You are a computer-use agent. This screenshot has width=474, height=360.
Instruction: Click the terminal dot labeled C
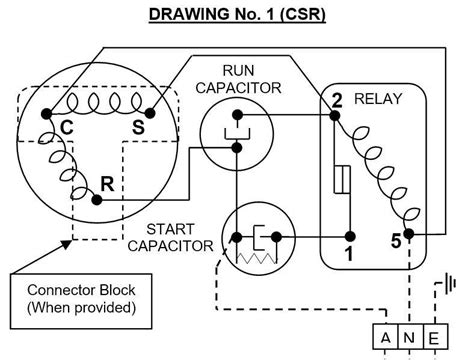click(47, 114)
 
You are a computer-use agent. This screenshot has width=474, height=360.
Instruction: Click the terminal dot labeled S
click(150, 114)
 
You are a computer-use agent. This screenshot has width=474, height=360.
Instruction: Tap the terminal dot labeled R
click(97, 200)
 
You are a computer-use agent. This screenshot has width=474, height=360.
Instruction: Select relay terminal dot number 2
click(334, 116)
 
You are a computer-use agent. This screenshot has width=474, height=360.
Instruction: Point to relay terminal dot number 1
click(350, 237)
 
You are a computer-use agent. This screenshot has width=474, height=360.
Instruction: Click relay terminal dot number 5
click(409, 234)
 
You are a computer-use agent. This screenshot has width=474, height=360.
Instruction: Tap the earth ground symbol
click(451, 284)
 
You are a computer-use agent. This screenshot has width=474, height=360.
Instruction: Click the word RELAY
click(378, 99)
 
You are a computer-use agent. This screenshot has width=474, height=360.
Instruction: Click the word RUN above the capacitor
click(238, 71)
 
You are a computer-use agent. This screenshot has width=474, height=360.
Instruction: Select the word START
click(170, 229)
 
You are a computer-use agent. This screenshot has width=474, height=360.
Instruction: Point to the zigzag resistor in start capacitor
click(256, 258)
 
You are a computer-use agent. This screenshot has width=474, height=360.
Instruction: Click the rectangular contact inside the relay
click(342, 179)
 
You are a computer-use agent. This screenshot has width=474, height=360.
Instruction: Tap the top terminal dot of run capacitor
click(237, 115)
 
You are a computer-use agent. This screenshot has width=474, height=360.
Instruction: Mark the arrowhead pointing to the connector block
click(66, 244)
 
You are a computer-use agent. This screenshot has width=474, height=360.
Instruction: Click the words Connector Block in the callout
click(81, 290)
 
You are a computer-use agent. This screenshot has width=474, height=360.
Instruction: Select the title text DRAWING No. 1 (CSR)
click(237, 15)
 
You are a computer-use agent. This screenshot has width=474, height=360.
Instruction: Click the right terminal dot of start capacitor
click(276, 237)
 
